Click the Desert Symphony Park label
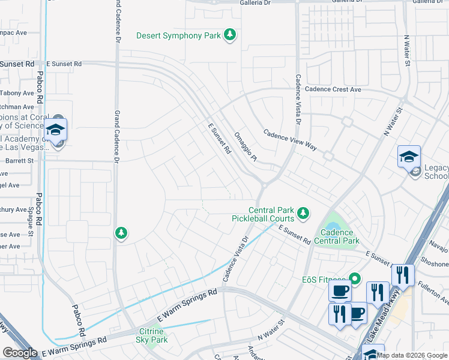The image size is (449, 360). [178, 36]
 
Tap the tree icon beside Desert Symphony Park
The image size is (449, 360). [229, 36]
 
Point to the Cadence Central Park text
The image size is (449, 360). [340, 236]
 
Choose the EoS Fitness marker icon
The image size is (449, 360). [354, 278]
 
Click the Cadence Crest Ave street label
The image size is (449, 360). [333, 89]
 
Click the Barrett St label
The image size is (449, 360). [20, 161]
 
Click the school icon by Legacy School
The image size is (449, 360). [409, 157]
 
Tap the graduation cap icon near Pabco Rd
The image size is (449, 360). [55, 130]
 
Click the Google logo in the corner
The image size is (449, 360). [20, 353]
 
